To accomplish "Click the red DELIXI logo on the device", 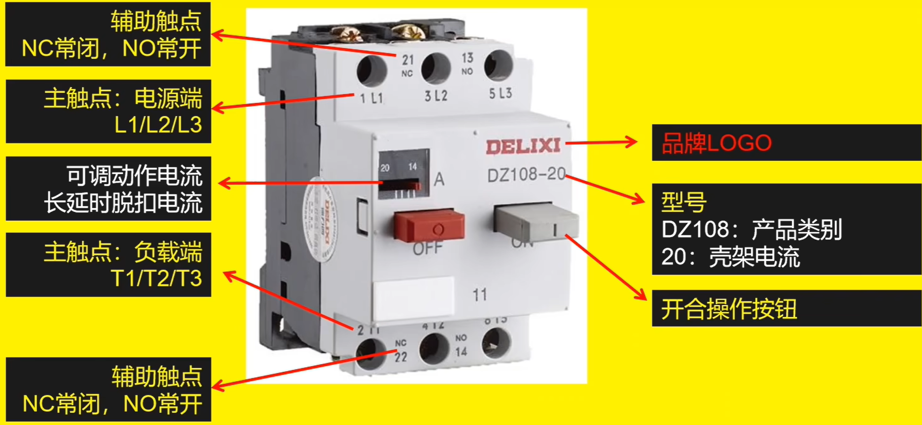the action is (523, 147).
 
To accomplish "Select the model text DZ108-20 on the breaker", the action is (526, 175).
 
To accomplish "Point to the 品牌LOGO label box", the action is (786, 142).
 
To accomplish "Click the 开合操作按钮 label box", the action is (786, 308).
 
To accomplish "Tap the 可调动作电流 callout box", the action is (108, 189).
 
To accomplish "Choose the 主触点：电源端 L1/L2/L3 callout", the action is (108, 111).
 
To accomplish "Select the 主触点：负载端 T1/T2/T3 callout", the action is (108, 265).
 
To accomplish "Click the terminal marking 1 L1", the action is (371, 99).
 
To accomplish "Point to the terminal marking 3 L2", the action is (436, 96).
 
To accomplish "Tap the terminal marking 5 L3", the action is (500, 93).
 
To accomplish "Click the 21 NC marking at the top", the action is (408, 65).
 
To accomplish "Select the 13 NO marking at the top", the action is (467, 63).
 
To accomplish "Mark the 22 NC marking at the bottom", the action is (401, 351).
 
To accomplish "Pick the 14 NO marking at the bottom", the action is (461, 346).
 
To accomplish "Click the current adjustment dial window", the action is (404, 174).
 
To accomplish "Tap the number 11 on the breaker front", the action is (479, 295).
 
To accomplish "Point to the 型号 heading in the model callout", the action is (684, 202).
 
